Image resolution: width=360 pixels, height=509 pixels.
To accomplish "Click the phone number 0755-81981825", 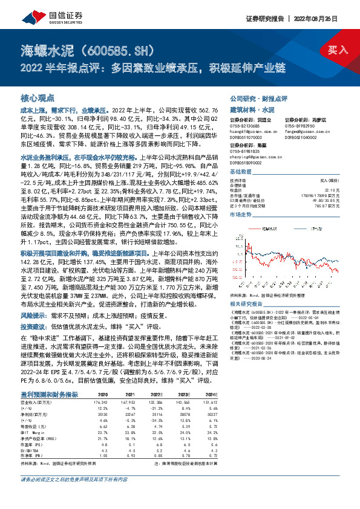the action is click(x=245, y=154).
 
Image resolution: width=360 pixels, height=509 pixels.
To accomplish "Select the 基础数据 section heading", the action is click(x=241, y=173).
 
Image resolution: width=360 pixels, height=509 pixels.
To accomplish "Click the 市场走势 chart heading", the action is click(x=241, y=215).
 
